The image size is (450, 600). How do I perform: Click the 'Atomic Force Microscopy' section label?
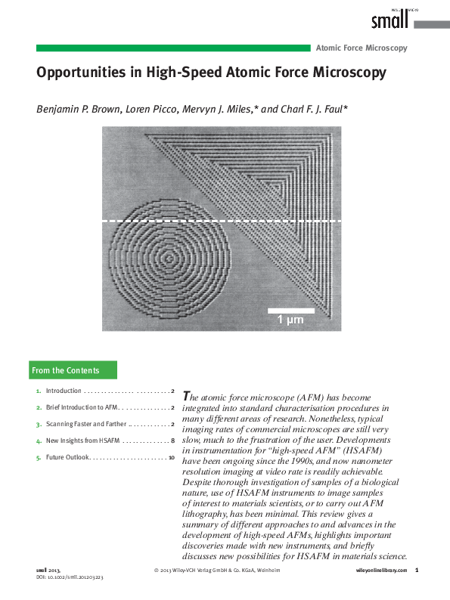tap(362, 48)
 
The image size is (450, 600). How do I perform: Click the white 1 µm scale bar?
tap(291, 310)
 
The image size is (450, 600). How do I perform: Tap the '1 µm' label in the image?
tap(291, 320)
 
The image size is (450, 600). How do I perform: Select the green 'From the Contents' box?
tap(73, 370)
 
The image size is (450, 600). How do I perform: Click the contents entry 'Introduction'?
tap(64, 391)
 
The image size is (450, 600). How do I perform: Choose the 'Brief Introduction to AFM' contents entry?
tap(79, 407)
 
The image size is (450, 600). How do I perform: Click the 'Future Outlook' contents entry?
tap(68, 457)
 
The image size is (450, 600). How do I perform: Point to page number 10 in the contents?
tap(172, 457)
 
